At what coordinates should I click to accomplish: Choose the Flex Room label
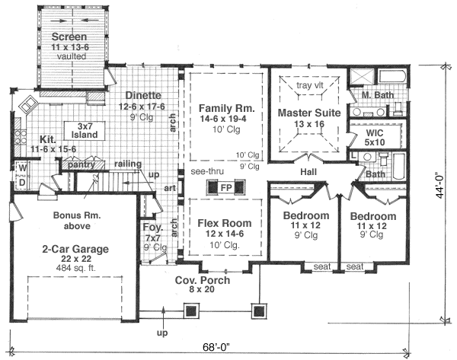pyautogui.click(x=225, y=225)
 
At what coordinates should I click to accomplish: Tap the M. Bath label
pyautogui.click(x=378, y=95)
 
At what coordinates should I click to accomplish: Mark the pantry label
pyautogui.click(x=81, y=164)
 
